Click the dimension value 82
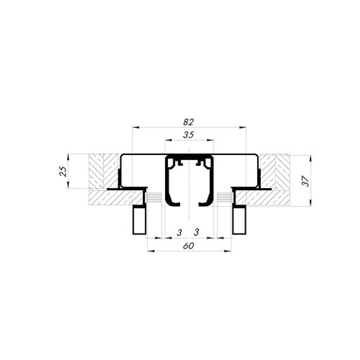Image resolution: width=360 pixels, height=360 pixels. click(x=188, y=122)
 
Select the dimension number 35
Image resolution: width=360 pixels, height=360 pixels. click(x=188, y=135)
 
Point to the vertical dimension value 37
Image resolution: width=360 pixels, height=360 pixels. click(x=306, y=180)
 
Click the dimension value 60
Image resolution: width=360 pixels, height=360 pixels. click(x=188, y=246)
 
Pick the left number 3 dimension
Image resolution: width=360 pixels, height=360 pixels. click(x=179, y=233)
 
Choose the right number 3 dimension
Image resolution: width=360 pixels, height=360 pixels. click(x=196, y=233)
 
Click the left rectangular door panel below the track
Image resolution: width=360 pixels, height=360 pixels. click(x=140, y=220)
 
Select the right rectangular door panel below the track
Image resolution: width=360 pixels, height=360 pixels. click(x=239, y=220)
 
